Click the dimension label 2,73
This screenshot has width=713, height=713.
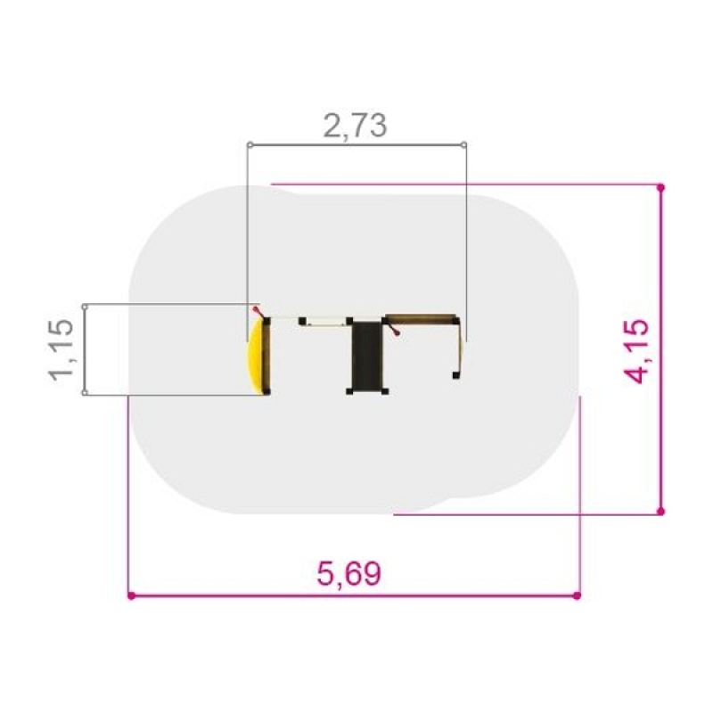click(355, 126)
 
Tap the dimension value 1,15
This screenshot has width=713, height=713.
click(61, 349)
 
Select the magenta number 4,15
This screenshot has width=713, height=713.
click(636, 351)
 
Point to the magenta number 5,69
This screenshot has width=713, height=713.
click(348, 573)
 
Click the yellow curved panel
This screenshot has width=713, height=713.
click(254, 356)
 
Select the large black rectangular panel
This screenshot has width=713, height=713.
click(366, 355)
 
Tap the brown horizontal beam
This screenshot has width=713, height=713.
click(420, 317)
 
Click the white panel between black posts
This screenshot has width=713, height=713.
click(325, 322)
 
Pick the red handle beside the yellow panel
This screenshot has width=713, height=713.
click(258, 312)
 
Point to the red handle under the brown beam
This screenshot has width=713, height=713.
click(394, 330)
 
